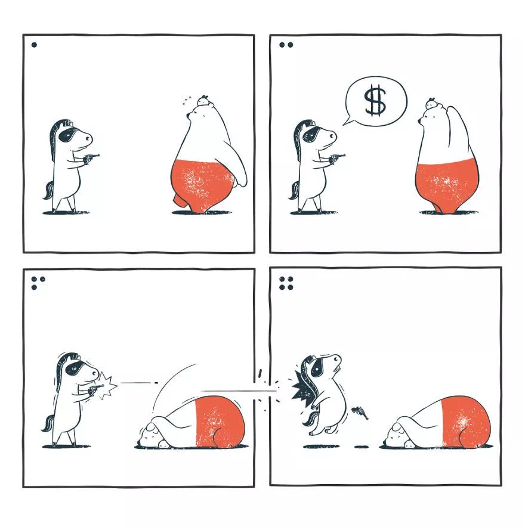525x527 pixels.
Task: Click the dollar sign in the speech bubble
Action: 376,101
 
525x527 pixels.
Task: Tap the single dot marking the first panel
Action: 34,45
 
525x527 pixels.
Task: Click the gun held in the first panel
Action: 92,157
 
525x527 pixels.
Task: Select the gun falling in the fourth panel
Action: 360,413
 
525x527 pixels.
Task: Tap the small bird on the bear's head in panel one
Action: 203,101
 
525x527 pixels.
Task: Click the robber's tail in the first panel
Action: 48,190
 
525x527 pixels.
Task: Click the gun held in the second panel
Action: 337,158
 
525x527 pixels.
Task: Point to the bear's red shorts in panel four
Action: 465,422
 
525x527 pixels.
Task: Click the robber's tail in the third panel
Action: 47,423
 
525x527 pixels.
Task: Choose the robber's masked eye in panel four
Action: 317,367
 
